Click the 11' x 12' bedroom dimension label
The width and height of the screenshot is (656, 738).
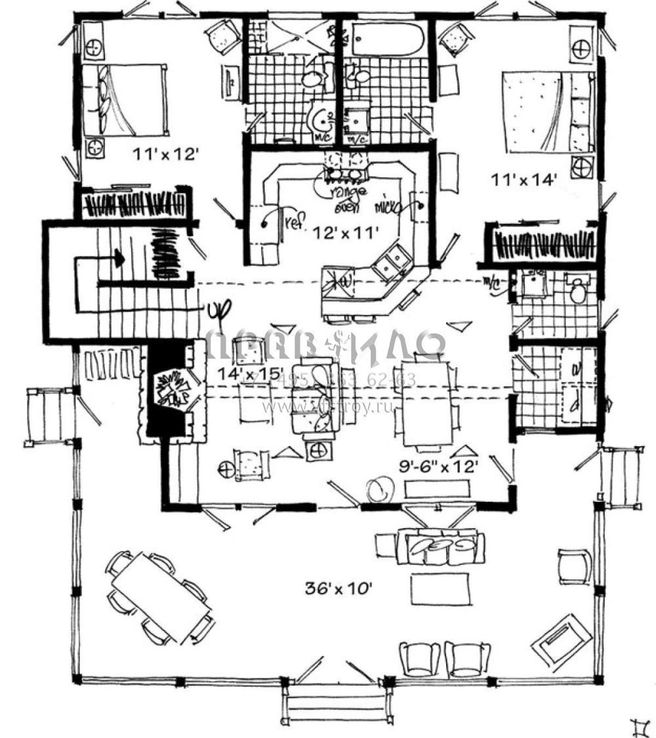click(x=165, y=155)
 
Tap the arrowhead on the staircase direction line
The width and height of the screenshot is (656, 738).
click(x=119, y=257)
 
